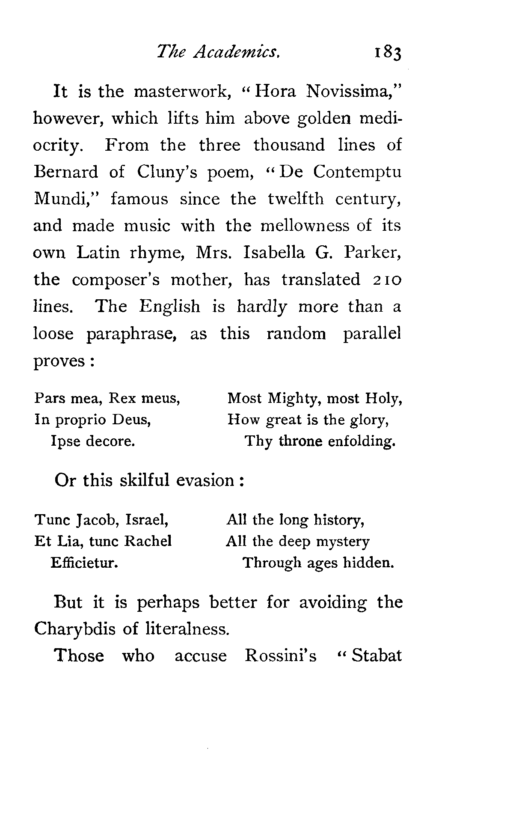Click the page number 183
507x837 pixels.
[x=388, y=54]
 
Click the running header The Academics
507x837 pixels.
[x=218, y=52]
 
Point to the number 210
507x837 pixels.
[x=385, y=280]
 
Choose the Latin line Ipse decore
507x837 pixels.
[x=93, y=441]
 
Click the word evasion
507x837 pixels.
[x=205, y=480]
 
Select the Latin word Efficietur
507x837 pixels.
[x=84, y=562]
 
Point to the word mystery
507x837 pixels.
[x=344, y=542]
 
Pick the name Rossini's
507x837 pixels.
[x=281, y=655]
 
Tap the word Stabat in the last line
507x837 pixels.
[x=377, y=655]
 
